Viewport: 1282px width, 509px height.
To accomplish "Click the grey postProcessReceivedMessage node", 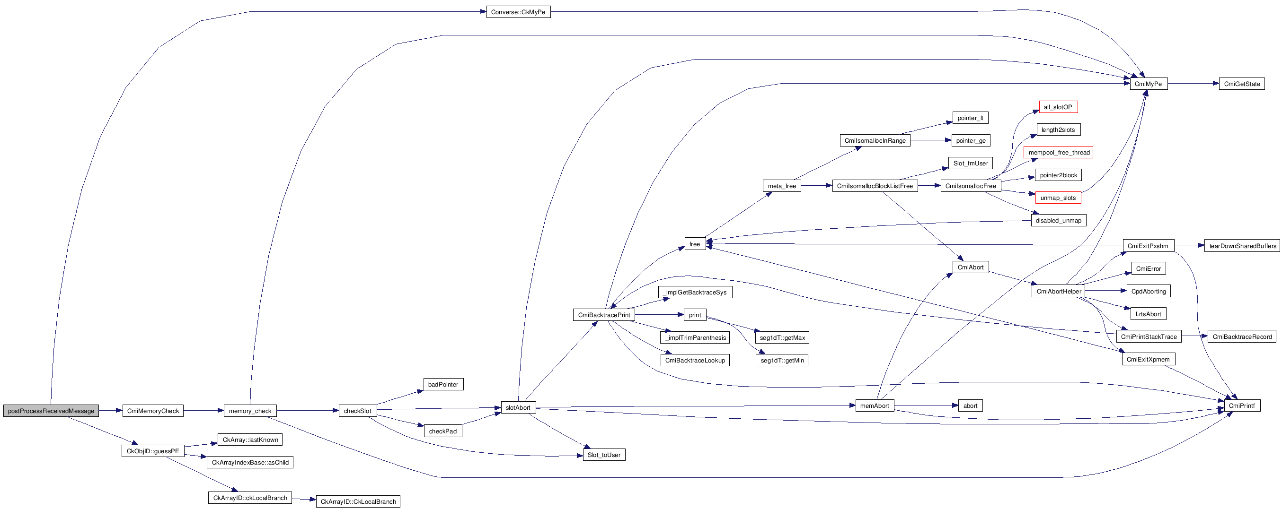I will click(x=51, y=411).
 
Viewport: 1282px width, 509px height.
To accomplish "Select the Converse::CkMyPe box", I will click(x=518, y=12).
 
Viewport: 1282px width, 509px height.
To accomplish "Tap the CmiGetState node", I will click(x=1242, y=84).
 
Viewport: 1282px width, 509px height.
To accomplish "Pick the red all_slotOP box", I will click(x=1058, y=107).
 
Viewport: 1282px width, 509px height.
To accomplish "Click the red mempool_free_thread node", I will click(x=1058, y=153).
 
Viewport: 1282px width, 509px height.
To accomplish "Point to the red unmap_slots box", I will click(x=1058, y=198).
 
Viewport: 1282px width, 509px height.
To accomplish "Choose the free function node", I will click(x=695, y=244).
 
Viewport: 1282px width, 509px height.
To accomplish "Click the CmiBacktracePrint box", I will click(x=604, y=315).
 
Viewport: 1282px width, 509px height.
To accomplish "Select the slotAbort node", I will click(x=518, y=407).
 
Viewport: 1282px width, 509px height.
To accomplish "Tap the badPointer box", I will click(x=443, y=384).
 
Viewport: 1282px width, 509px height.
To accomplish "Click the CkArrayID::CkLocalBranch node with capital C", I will click(x=358, y=501).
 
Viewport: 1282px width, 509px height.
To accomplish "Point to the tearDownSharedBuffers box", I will click(x=1243, y=246).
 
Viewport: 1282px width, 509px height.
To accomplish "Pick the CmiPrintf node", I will click(x=1242, y=405).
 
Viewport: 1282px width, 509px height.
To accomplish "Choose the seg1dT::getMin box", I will click(x=782, y=361).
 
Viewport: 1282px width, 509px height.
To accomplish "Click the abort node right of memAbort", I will click(x=970, y=405).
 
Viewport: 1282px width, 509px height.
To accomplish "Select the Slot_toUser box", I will click(x=604, y=455).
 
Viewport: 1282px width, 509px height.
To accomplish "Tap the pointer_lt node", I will click(x=970, y=118).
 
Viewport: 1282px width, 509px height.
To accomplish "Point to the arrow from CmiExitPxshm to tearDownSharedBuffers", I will click(x=1189, y=246).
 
